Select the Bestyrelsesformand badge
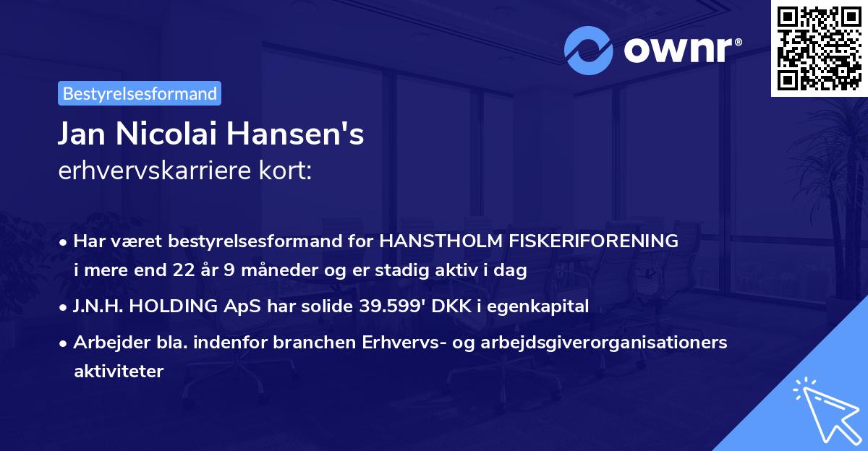pos(140,93)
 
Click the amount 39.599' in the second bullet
pos(388,306)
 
